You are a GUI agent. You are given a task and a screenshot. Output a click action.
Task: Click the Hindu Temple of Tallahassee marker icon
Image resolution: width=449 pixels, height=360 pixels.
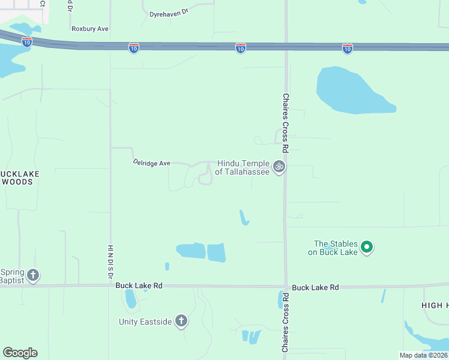[x=278, y=167]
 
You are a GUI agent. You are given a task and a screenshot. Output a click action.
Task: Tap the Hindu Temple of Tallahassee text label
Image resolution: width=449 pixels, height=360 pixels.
[x=243, y=167]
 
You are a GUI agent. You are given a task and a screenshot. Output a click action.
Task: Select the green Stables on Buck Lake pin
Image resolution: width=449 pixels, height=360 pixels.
[x=367, y=247]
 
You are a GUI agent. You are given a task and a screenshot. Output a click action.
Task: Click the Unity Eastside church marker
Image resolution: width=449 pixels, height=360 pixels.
[x=181, y=322]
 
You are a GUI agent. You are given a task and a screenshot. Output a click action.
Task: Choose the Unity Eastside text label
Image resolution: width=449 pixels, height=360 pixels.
[x=145, y=322]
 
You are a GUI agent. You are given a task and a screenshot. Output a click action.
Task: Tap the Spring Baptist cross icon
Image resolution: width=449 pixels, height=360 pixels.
[x=32, y=275]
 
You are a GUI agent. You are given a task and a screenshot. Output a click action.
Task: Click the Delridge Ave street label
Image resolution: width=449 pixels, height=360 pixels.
[x=152, y=163]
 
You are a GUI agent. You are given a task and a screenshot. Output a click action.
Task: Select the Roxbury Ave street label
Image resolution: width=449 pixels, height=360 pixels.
[x=89, y=29]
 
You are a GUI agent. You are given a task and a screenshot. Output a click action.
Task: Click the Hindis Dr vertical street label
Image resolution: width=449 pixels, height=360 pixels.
[x=110, y=261]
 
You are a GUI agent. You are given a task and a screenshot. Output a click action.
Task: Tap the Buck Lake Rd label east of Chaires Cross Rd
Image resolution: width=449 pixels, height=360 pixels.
[x=316, y=287]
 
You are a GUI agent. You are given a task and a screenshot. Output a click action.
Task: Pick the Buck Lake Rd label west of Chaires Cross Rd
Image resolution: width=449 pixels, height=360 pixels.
[x=139, y=287]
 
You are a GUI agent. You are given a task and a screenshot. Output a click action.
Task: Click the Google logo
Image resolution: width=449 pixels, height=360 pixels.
[x=20, y=353]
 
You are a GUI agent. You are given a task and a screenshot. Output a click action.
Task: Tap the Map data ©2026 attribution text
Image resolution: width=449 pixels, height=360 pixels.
[x=423, y=355]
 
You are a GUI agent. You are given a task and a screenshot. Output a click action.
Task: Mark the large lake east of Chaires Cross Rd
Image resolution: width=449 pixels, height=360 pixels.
[x=351, y=90]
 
